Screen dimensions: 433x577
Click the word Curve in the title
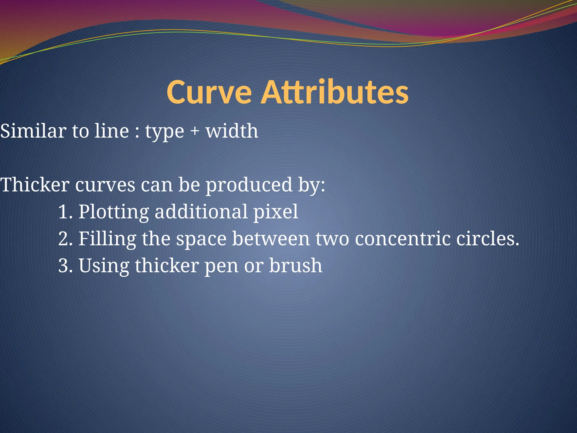[209, 92]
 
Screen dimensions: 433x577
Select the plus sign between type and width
[194, 131]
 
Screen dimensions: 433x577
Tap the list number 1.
[65, 212]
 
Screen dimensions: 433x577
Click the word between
[271, 239]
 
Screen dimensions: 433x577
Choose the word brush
[296, 266]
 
